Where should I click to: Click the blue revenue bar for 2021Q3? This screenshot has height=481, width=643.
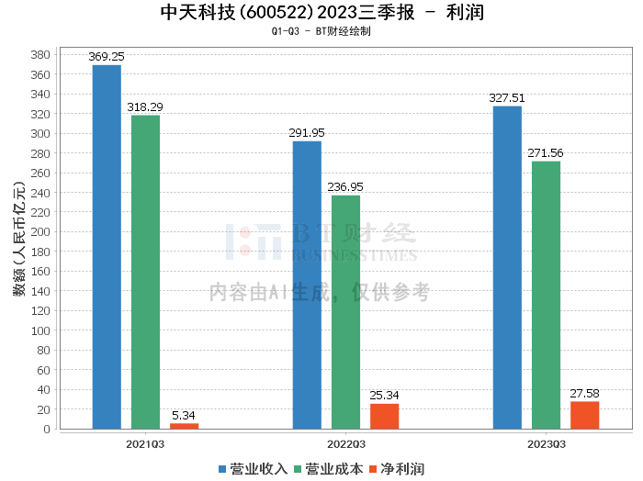[x=107, y=247]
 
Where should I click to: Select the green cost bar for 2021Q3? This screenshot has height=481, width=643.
[x=145, y=272]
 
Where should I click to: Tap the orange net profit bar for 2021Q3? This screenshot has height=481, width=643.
[x=184, y=426]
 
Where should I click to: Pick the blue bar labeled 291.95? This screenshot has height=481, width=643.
[x=307, y=285]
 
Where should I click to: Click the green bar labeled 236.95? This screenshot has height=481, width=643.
[x=345, y=312]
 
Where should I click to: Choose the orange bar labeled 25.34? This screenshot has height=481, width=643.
[x=384, y=416]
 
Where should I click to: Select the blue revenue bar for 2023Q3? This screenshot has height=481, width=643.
[x=507, y=267]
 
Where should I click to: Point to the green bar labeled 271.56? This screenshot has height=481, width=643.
[x=546, y=295]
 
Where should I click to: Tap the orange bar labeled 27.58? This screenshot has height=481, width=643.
[x=584, y=415]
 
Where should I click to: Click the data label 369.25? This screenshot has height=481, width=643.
[x=107, y=57]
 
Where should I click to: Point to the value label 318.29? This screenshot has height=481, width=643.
[x=145, y=107]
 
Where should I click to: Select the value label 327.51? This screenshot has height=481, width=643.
[x=507, y=98]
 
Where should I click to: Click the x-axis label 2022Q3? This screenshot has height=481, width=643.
[x=345, y=444]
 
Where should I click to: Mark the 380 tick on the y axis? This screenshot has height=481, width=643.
[x=40, y=55]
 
